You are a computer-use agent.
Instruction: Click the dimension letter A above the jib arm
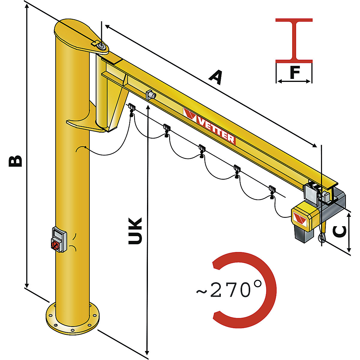point(216,77)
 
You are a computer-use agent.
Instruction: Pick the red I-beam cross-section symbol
point(294,40)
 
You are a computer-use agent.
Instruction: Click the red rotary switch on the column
point(55,245)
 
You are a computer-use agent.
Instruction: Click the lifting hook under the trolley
point(322,238)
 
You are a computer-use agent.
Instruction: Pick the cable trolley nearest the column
point(131,108)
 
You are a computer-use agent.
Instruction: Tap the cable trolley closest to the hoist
point(272,191)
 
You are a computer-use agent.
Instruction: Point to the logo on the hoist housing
point(300,219)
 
